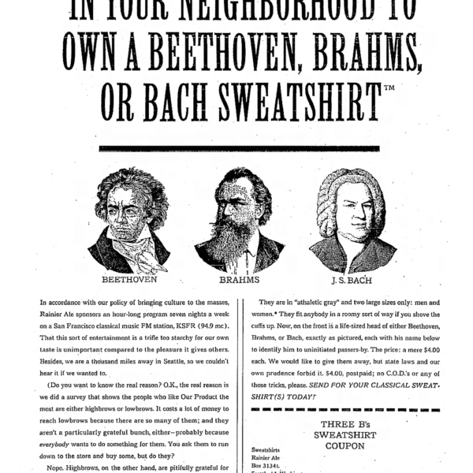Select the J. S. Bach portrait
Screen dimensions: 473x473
pyautogui.click(x=352, y=220)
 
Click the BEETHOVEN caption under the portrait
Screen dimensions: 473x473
pyautogui.click(x=129, y=279)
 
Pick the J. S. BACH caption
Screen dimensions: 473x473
pyautogui.click(x=352, y=279)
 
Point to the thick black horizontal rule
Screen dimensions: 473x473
pyautogui.click(x=239, y=147)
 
